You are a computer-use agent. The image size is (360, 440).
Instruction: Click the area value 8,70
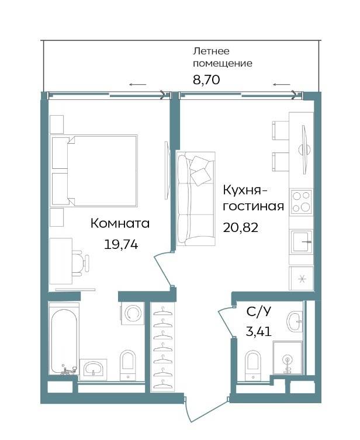[x=206, y=80]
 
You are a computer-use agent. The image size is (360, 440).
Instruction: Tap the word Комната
[x=120, y=224]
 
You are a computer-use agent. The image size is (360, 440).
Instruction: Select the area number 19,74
[x=121, y=244]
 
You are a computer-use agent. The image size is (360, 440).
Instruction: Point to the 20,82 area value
[x=240, y=227]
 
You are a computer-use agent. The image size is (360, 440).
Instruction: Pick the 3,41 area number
[x=259, y=332]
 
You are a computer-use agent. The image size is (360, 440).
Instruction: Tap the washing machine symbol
[x=133, y=313]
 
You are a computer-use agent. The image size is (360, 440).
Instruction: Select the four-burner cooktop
[x=301, y=202]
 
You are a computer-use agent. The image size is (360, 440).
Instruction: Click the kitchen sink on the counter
[x=302, y=241]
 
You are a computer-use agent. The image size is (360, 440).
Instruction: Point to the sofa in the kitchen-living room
[x=196, y=199]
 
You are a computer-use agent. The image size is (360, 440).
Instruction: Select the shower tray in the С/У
[x=288, y=358]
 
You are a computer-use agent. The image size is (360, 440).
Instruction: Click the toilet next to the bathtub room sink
[x=127, y=365]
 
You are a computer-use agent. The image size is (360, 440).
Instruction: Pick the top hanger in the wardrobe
[x=162, y=310]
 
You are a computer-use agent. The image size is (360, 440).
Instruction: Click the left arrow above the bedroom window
[x=138, y=85]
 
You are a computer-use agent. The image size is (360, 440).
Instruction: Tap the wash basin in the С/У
[x=295, y=321]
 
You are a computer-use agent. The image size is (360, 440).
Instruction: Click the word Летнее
[x=207, y=51]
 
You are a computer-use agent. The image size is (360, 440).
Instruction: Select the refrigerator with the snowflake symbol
[x=302, y=278]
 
